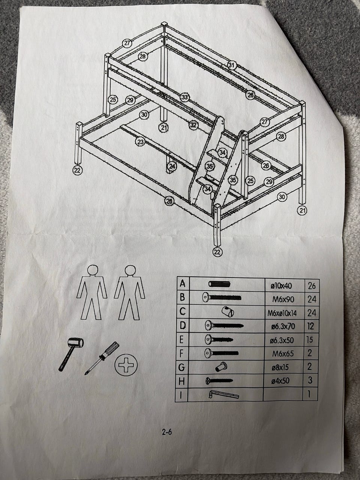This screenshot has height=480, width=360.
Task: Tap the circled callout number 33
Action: [x=185, y=97]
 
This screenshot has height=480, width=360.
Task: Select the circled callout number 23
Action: [x=140, y=142]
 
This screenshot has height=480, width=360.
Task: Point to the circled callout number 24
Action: [x=172, y=166]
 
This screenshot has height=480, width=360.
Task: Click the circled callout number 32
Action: [x=193, y=125]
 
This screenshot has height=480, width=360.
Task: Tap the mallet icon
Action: [x=72, y=353]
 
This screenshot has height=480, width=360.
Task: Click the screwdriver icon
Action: [x=102, y=358]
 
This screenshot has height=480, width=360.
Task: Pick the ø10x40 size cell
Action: [x=281, y=286]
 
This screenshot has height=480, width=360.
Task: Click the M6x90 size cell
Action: [x=283, y=299]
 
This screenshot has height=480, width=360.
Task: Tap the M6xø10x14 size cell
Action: [x=282, y=313]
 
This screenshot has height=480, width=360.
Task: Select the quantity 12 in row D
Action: [x=310, y=326]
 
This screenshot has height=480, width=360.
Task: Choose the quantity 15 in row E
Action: [x=310, y=340]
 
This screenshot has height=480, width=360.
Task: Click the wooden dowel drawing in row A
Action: [x=219, y=284]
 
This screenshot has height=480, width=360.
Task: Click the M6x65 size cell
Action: [x=283, y=354]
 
